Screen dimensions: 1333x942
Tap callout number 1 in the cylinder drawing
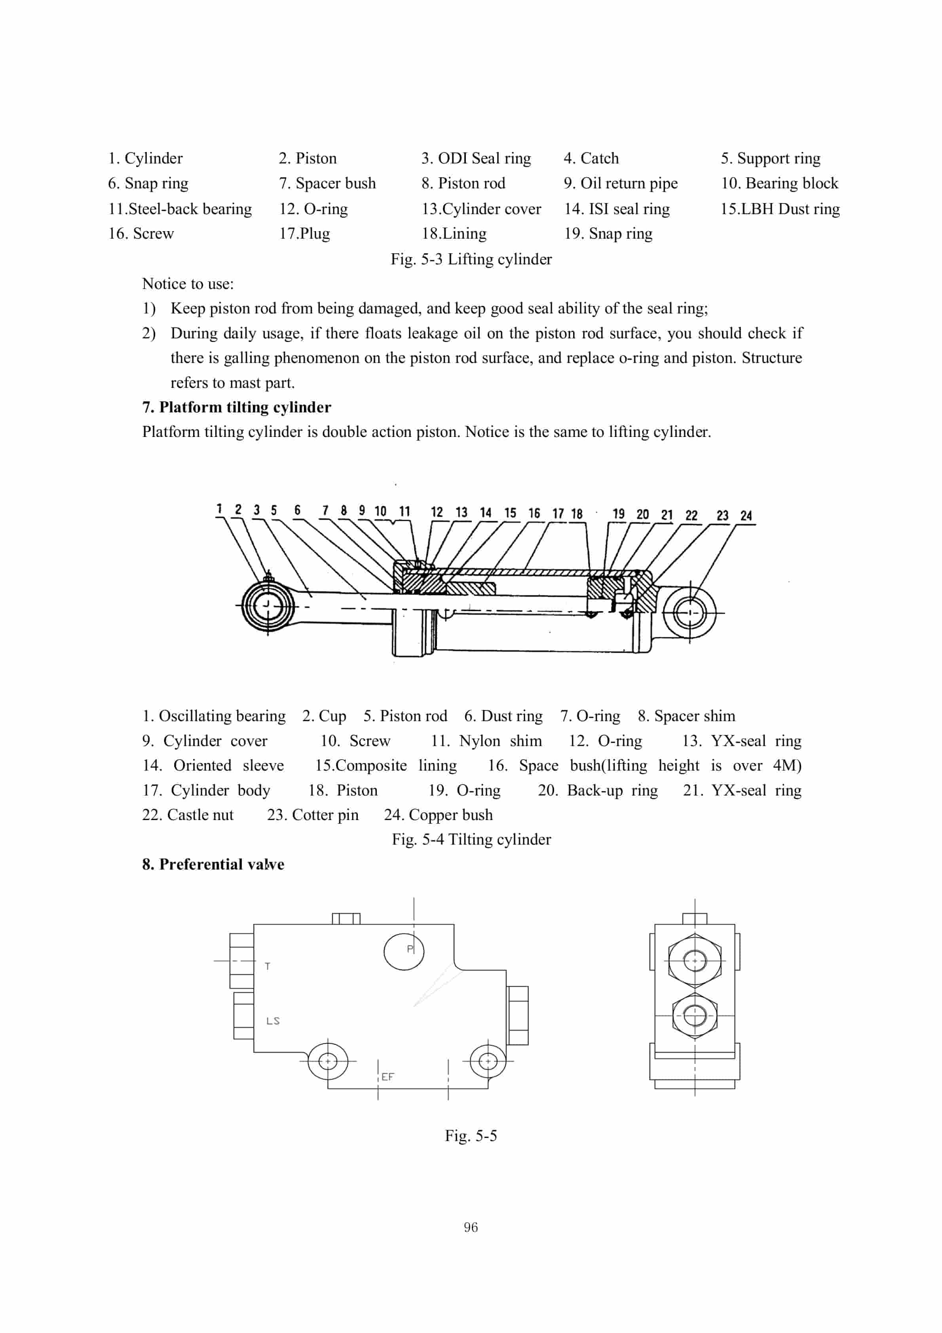point(219,509)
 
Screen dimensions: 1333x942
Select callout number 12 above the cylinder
point(437,512)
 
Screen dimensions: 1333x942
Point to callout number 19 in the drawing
point(619,514)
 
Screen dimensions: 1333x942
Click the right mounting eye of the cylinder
point(690,613)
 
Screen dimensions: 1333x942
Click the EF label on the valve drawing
point(387,1077)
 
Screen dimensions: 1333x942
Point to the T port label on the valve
point(267,966)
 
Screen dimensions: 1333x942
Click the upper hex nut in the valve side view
point(695,960)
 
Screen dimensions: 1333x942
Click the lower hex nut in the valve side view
point(695,1016)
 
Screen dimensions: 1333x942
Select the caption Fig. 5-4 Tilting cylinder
point(471,839)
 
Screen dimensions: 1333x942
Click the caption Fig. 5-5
point(471,1136)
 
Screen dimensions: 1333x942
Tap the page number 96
point(471,1227)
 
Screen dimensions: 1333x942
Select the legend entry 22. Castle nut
point(188,815)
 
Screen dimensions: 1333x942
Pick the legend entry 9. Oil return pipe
point(620,184)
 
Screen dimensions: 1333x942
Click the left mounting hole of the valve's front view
point(328,1061)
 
